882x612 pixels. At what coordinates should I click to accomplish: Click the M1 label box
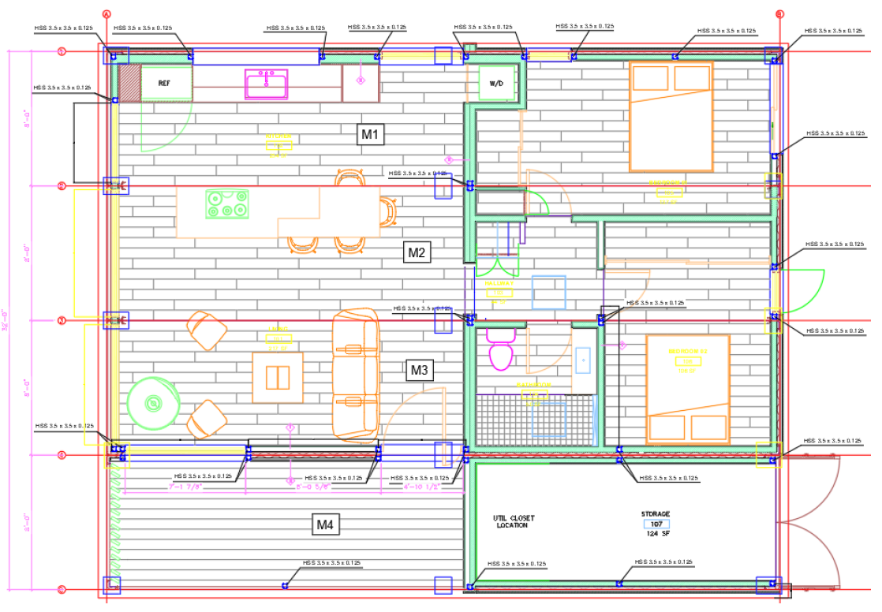click(x=370, y=135)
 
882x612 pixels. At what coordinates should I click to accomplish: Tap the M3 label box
click(x=420, y=369)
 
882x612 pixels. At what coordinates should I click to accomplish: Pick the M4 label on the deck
click(x=327, y=524)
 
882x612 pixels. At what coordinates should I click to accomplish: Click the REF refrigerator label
click(x=164, y=83)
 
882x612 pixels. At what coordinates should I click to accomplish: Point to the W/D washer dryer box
click(x=496, y=83)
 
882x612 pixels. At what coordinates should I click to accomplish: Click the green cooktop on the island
click(x=226, y=204)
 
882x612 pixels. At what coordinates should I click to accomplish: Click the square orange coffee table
click(x=277, y=377)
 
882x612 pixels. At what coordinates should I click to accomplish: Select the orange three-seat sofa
click(x=356, y=374)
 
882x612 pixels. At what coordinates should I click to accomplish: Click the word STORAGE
click(x=656, y=514)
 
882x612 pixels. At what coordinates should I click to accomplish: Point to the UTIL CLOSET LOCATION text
click(x=513, y=521)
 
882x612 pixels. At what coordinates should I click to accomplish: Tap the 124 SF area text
click(x=656, y=534)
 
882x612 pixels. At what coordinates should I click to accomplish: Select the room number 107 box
click(x=656, y=524)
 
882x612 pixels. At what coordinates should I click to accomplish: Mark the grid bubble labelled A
click(x=107, y=14)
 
